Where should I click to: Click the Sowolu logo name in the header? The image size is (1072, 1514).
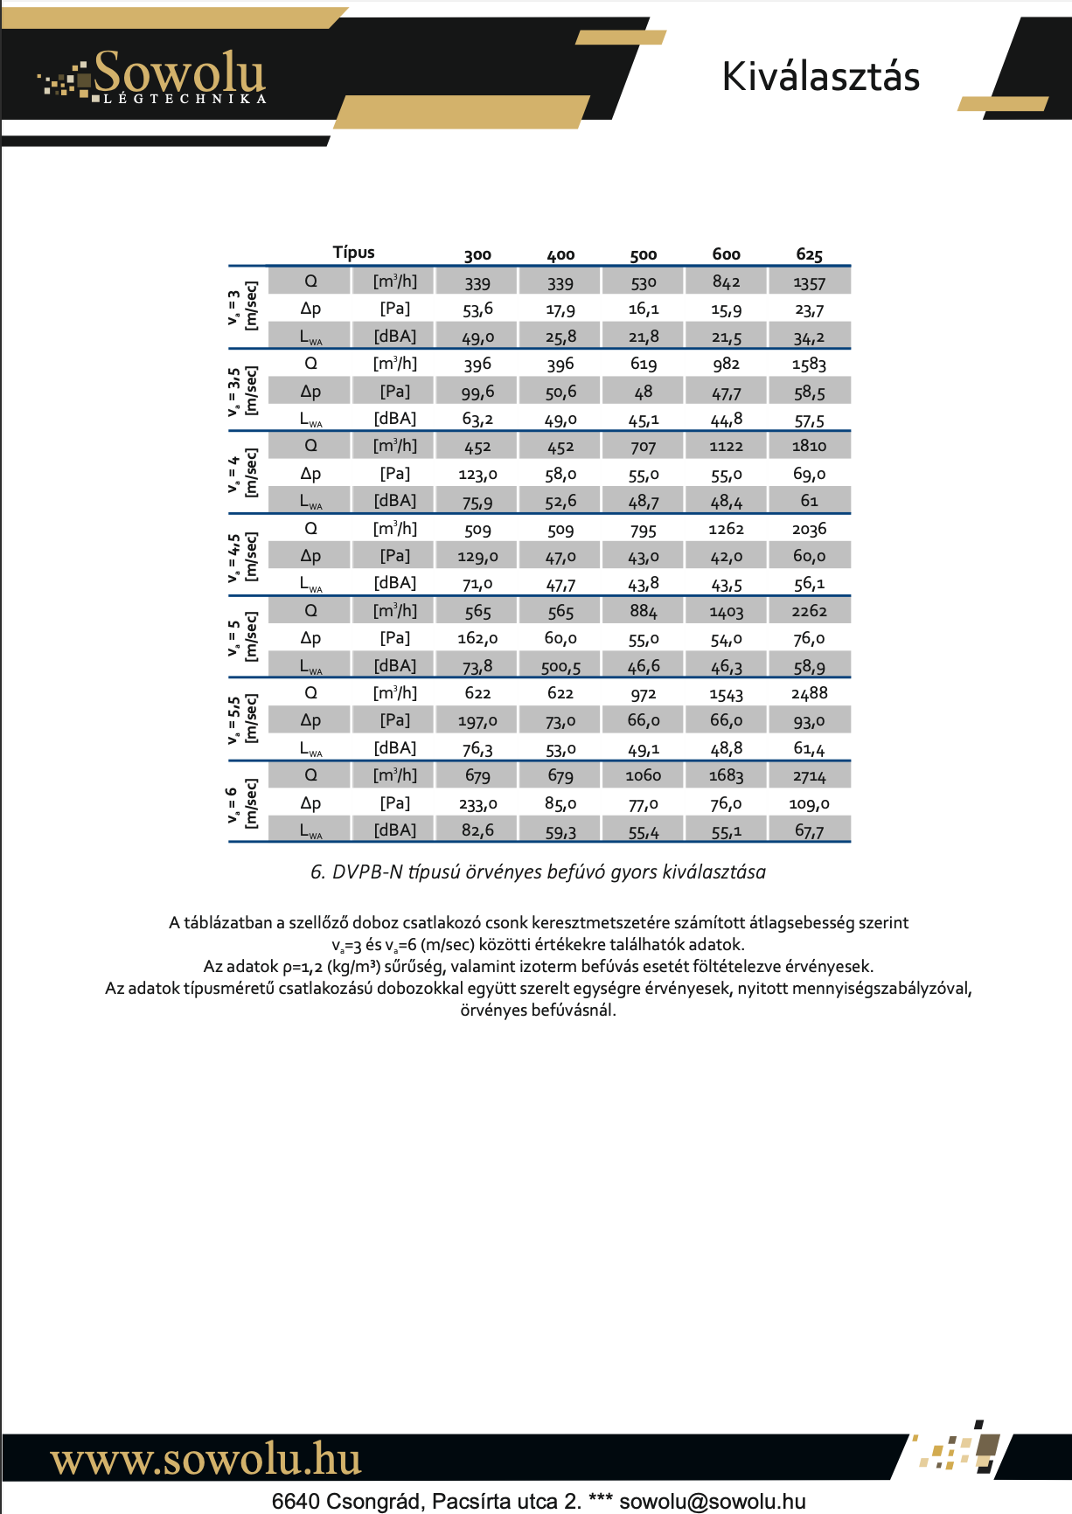click(178, 72)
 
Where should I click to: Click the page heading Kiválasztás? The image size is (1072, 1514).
click(820, 77)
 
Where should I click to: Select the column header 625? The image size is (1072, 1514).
click(809, 254)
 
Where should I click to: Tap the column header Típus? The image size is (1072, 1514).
click(353, 253)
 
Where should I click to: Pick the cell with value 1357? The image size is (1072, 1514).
click(809, 282)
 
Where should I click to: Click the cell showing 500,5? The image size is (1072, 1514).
click(560, 666)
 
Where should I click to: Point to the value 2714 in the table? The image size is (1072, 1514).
click(809, 775)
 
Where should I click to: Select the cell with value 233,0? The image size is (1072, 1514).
click(477, 803)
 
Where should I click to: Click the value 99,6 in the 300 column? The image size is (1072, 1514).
click(477, 392)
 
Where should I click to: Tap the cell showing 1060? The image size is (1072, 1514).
click(643, 775)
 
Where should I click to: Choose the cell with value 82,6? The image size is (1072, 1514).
click(477, 830)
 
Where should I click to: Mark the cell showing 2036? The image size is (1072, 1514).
click(809, 529)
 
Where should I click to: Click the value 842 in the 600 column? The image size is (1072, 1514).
click(726, 281)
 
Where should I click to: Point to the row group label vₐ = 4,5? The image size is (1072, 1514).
click(234, 556)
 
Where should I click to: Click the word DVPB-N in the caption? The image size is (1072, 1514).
click(367, 872)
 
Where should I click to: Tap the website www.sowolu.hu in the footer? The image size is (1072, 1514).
click(206, 1459)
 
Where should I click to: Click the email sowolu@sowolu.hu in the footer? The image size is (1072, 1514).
click(712, 1501)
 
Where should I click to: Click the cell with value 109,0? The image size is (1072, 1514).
click(809, 803)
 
